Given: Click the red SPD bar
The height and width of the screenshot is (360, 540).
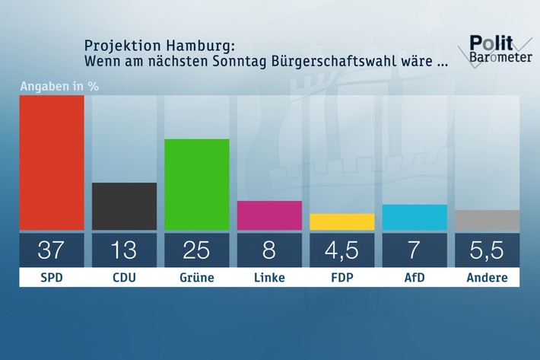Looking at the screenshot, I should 51,163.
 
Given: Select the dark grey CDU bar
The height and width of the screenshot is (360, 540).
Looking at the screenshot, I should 124,206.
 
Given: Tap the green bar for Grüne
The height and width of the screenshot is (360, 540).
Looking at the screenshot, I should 197,184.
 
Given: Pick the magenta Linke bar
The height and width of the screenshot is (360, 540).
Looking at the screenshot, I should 269,215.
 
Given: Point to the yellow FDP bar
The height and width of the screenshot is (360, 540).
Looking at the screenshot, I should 342,221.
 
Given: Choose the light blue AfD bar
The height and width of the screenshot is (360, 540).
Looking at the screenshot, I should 415,217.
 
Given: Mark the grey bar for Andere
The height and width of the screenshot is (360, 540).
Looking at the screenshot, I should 488,220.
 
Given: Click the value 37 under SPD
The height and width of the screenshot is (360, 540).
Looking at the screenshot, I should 51,250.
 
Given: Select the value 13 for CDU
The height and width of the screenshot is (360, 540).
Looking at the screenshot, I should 124,250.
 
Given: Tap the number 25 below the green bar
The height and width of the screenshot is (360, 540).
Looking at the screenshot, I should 197,250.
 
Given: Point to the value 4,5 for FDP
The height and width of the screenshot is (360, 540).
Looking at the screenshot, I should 342,250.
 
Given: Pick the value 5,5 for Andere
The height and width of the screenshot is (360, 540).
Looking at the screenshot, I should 488,250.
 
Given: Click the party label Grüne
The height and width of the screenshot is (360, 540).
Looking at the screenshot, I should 197,278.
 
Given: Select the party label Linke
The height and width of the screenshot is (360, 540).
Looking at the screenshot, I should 269,278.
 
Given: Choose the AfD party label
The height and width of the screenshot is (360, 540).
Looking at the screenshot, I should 415,278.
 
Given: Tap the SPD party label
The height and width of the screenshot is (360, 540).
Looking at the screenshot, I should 51,278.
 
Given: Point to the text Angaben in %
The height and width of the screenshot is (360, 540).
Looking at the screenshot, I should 59,85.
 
